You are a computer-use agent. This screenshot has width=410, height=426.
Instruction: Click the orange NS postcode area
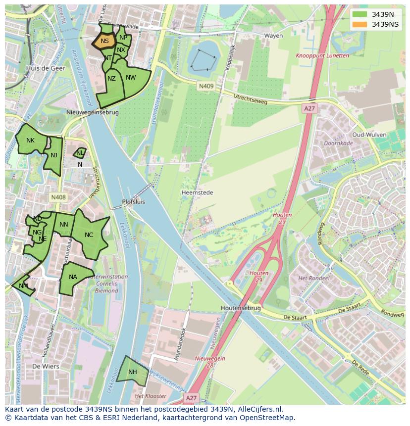(x=104, y=41)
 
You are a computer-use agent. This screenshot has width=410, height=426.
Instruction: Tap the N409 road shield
(x=206, y=86)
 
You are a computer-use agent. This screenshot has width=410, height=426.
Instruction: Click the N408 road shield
(x=58, y=197)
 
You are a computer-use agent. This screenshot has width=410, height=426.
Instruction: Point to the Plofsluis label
(x=134, y=202)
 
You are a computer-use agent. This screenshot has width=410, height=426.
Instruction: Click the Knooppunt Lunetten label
(x=322, y=56)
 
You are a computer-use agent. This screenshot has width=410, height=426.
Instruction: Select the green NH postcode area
(x=132, y=372)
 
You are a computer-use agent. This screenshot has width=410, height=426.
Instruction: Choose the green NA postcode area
(x=73, y=278)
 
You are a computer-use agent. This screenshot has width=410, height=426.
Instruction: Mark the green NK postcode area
(x=31, y=141)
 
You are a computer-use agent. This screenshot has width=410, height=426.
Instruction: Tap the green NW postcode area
(x=131, y=79)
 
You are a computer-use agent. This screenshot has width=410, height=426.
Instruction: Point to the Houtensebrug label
(x=241, y=308)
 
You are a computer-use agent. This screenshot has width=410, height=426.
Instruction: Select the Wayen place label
(x=273, y=36)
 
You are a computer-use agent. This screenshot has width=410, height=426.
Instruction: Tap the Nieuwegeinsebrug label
(x=93, y=112)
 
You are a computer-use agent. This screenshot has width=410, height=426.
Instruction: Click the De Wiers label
(x=46, y=367)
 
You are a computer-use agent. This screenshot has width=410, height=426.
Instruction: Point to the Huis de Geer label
(x=46, y=68)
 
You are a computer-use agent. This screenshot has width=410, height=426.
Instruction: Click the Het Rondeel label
(x=313, y=279)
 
